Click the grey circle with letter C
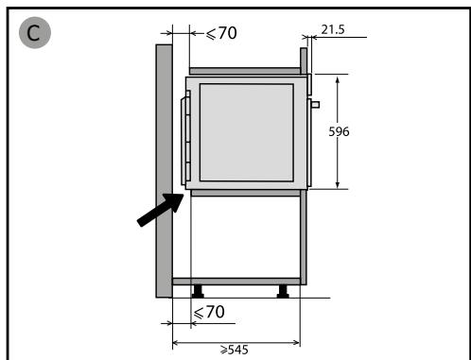coord(35,32)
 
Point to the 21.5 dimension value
coord(333,29)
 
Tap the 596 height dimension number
coord(339,131)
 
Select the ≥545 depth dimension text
coord(235,350)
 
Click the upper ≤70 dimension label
coord(221,33)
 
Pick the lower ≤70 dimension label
coord(209,312)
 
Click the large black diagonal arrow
coord(161,210)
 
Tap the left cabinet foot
coord(198,291)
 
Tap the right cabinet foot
coord(283,291)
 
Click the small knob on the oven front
coord(316,105)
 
